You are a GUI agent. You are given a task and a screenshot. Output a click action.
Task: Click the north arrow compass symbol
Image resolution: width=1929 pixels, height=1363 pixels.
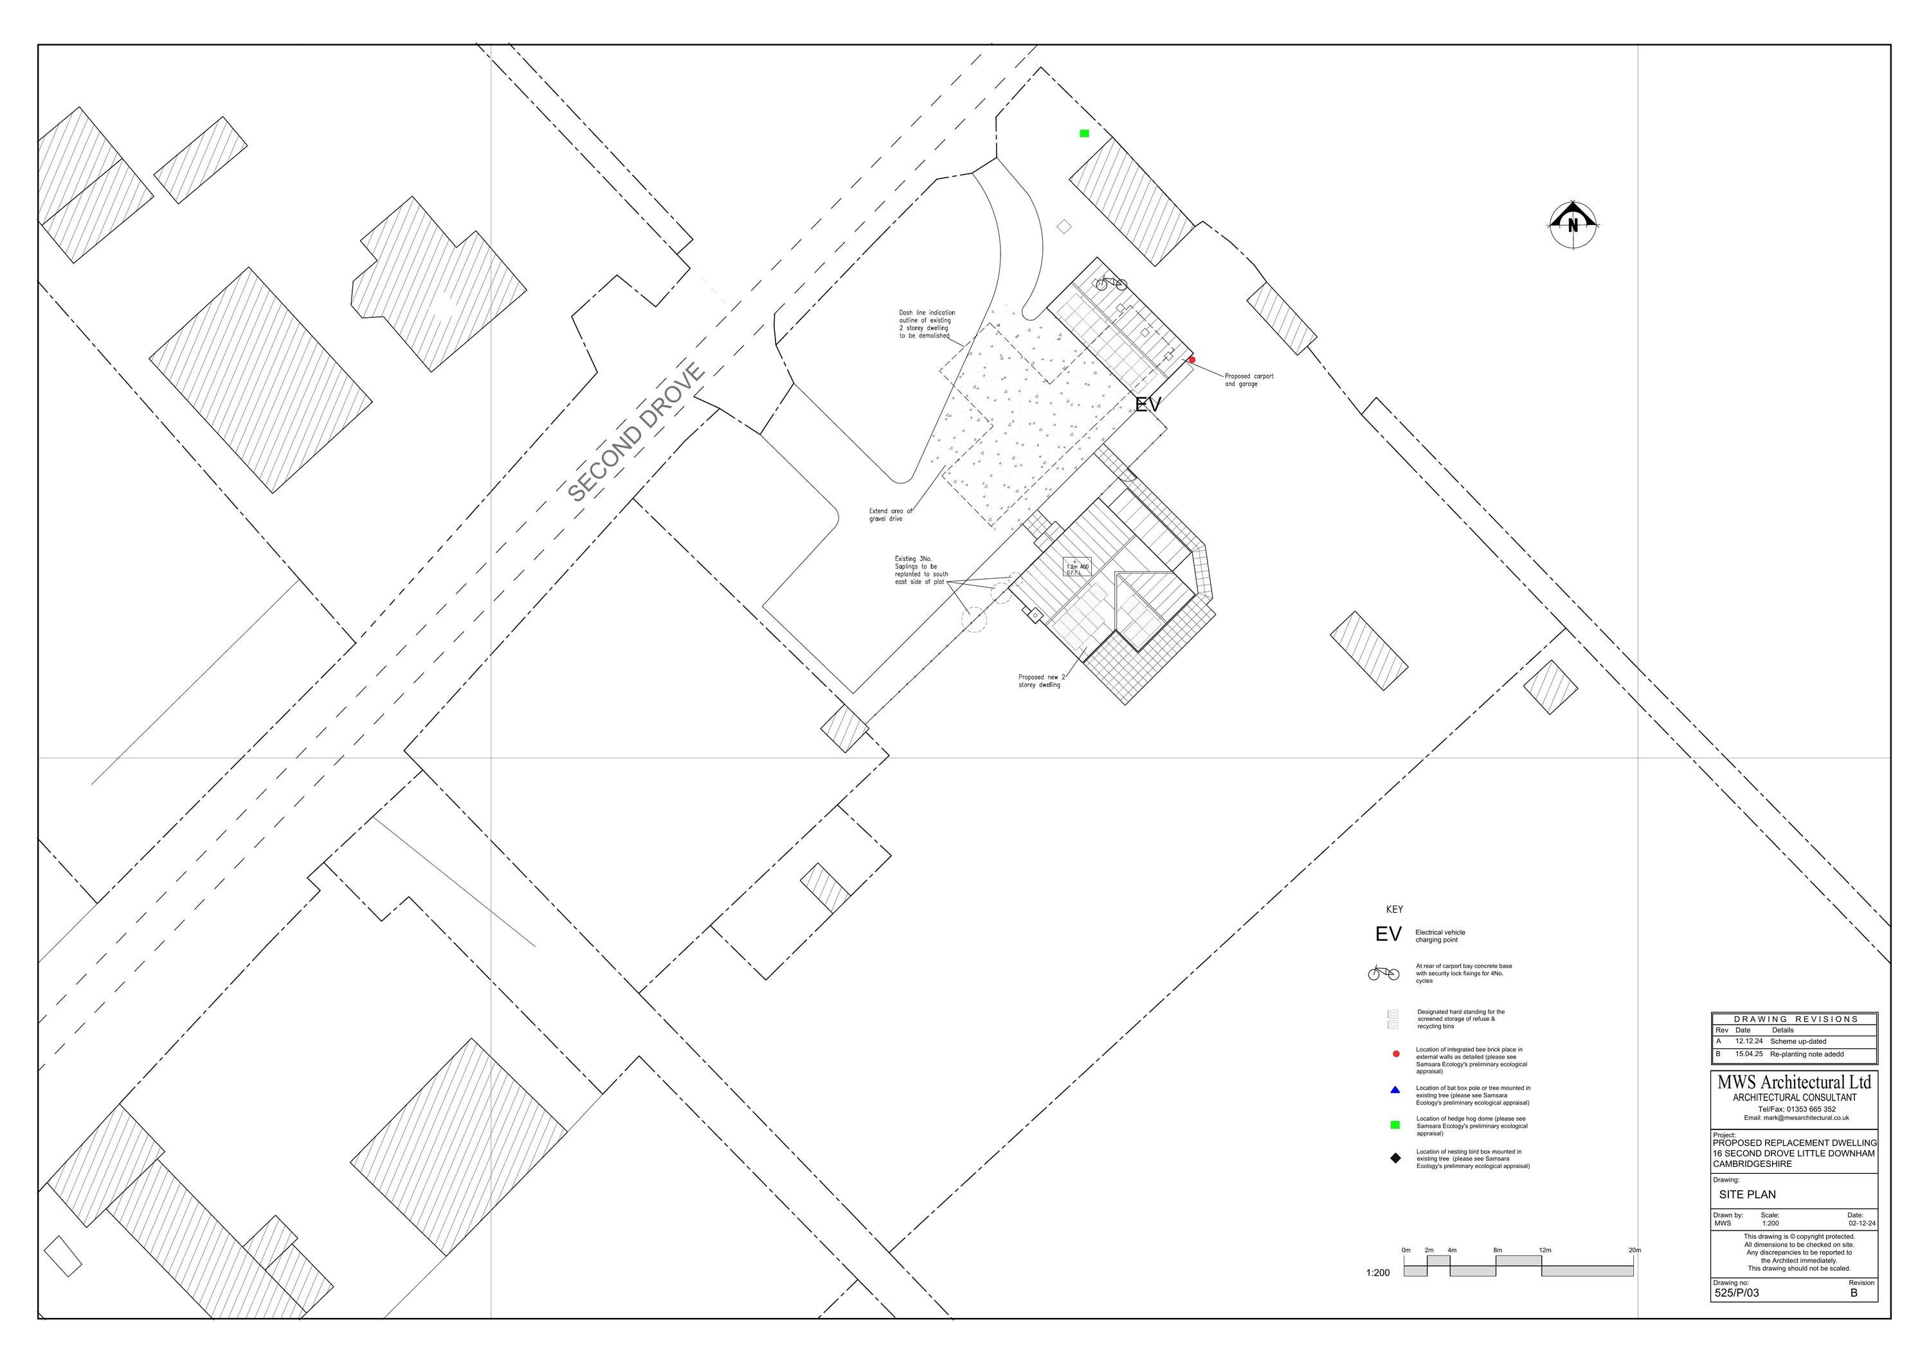(1573, 224)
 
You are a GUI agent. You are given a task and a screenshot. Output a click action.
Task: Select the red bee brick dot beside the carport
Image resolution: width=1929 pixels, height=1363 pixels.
(1191, 360)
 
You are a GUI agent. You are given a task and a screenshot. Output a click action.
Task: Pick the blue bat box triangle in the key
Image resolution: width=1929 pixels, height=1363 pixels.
(1395, 1090)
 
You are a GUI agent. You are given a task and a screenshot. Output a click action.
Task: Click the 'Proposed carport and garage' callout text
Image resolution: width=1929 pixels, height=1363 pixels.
(1249, 380)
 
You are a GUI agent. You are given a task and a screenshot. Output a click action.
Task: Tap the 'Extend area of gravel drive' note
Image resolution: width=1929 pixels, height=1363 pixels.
(890, 515)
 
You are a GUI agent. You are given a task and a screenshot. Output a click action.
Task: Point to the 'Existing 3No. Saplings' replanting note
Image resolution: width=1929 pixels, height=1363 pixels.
(921, 570)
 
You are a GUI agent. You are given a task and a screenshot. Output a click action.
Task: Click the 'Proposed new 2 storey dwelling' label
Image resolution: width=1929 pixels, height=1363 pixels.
(1041, 681)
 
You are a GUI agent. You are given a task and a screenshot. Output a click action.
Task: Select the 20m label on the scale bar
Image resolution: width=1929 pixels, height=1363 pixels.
(1634, 1250)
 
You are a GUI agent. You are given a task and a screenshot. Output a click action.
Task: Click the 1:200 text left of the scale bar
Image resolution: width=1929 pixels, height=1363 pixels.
(1378, 1273)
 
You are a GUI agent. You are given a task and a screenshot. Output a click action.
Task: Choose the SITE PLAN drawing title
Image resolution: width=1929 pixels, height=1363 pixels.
(1746, 1194)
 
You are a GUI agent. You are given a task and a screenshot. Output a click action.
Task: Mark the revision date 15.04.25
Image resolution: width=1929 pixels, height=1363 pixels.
(1748, 1054)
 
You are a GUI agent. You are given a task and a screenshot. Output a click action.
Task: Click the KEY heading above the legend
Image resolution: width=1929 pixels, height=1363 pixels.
(1395, 910)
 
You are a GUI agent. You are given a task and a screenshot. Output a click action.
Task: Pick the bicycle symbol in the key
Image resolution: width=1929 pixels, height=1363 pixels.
(1383, 974)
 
